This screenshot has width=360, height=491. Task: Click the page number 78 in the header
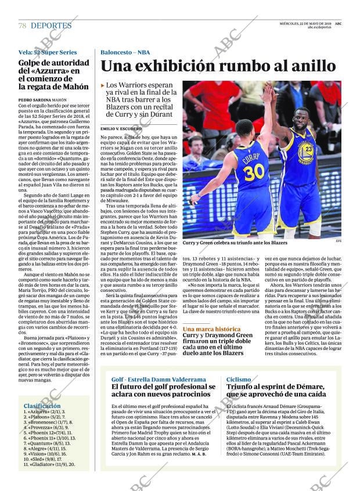click(x=22, y=26)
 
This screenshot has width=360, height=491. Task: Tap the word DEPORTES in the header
click(x=51, y=26)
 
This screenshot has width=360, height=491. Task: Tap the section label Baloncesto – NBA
click(x=125, y=52)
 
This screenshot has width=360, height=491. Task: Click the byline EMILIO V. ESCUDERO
click(x=121, y=128)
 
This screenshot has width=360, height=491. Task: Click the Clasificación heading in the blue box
click(x=42, y=406)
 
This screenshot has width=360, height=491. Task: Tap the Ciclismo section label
click(x=239, y=379)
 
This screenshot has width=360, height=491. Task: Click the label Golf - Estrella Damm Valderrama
click(x=159, y=379)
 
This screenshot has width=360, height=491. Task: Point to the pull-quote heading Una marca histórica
click(x=211, y=329)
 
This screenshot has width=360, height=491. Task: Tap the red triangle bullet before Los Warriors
click(x=103, y=85)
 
